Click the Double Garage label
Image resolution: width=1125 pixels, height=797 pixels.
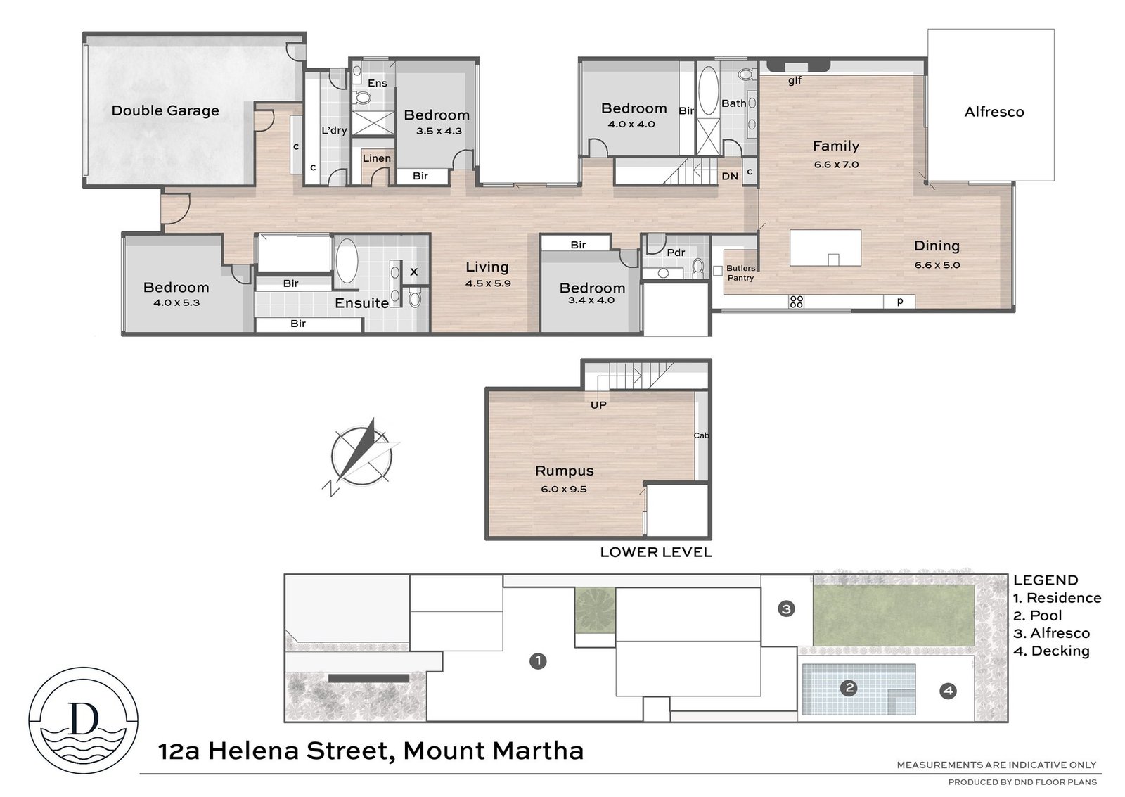click(x=165, y=110)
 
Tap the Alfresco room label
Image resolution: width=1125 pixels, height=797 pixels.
click(x=994, y=112)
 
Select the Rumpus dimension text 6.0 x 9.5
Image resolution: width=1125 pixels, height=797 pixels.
click(x=563, y=489)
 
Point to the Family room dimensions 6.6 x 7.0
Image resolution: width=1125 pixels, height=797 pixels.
click(x=836, y=165)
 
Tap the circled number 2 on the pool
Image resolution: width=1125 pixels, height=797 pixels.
click(x=849, y=687)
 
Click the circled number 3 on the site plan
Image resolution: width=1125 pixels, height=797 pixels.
click(x=786, y=609)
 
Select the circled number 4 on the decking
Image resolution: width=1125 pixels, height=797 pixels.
click(x=949, y=691)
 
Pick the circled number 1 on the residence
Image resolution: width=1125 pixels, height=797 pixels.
click(x=538, y=661)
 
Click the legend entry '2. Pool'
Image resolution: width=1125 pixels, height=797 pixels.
click(x=1038, y=616)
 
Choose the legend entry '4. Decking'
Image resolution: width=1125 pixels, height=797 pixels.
click(x=1052, y=651)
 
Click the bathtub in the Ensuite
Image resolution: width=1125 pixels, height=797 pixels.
click(x=347, y=261)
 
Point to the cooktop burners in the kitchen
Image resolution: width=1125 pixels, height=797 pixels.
click(x=797, y=302)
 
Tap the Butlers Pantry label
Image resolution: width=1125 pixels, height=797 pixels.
click(x=741, y=273)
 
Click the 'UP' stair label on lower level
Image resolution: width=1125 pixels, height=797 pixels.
click(x=598, y=405)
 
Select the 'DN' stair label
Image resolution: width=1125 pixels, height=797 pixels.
click(x=730, y=177)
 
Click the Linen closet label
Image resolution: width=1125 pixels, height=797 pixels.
click(x=377, y=158)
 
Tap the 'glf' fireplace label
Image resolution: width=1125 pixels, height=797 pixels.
click(x=795, y=80)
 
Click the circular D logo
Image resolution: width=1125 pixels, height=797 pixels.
click(x=84, y=720)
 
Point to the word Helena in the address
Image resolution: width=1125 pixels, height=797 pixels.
click(x=255, y=751)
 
